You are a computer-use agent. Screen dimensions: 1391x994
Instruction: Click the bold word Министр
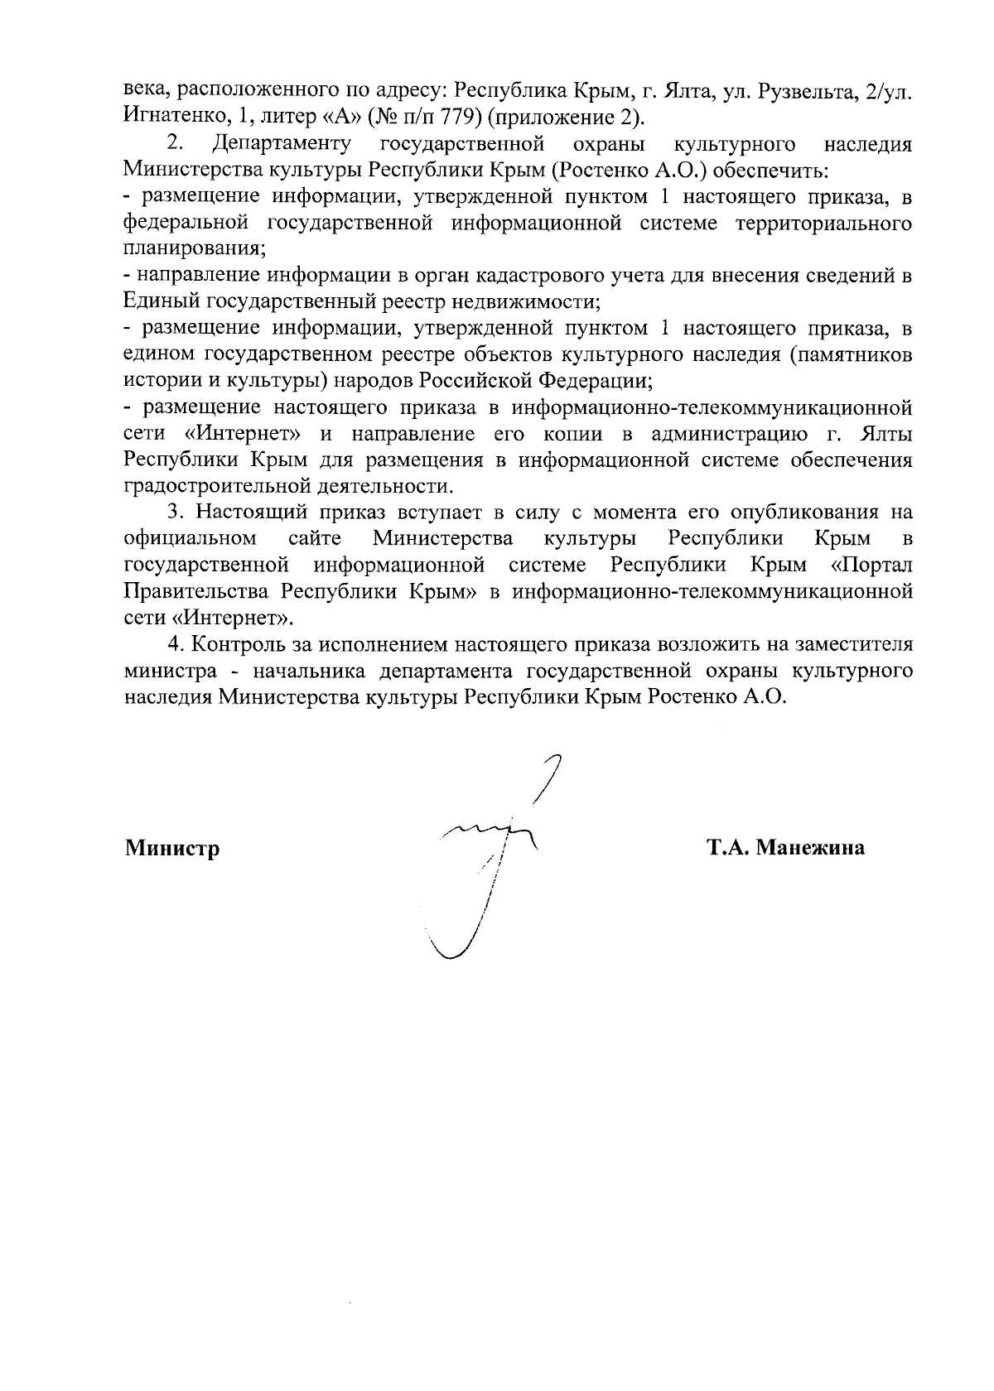click(172, 848)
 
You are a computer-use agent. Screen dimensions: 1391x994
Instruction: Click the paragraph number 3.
click(173, 513)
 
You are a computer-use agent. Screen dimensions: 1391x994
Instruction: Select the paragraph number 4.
click(173, 644)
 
